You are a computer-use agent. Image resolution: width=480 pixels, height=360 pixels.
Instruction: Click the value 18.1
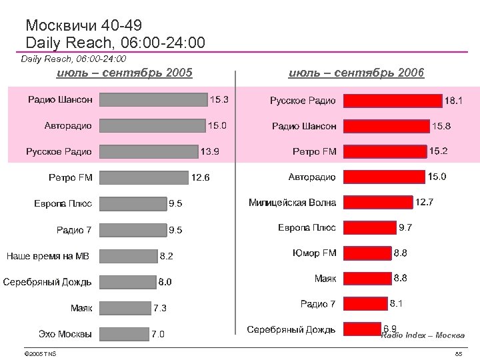(x=454, y=101)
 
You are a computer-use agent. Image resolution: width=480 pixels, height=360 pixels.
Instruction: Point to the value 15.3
(x=219, y=100)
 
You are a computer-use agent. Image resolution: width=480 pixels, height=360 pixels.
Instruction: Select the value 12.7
(x=424, y=202)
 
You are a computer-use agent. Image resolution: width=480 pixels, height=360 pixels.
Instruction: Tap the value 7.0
(x=158, y=334)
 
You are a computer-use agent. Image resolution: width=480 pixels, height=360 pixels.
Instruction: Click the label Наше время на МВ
(x=47, y=256)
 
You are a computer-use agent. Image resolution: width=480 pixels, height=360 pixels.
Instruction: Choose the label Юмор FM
(x=314, y=253)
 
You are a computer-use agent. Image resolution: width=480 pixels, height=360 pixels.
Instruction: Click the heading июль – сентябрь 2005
(x=125, y=72)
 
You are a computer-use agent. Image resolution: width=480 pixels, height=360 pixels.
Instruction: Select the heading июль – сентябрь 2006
(x=357, y=72)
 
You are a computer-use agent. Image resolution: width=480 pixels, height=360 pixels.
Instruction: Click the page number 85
(x=458, y=353)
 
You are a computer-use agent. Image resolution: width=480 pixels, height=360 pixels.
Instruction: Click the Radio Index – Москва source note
(x=423, y=335)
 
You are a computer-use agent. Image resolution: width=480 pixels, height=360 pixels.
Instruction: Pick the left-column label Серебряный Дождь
(x=47, y=282)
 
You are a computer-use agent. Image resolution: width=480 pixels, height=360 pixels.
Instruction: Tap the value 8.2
(x=166, y=256)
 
